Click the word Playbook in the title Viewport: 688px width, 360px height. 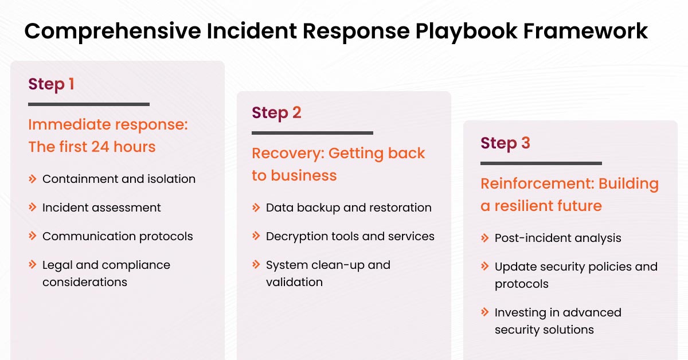[456, 31]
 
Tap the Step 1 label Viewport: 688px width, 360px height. [51, 84]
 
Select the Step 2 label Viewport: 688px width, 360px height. [276, 113]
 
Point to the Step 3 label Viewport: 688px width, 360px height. [505, 143]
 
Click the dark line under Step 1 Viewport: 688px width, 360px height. [89, 104]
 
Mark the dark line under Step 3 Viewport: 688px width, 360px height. [541, 163]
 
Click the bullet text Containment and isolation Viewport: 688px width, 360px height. [119, 179]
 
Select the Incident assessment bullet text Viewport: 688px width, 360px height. [101, 208]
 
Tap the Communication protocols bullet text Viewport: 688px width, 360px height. [118, 236]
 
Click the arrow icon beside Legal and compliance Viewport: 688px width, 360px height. [33, 265]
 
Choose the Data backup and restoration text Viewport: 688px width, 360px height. [349, 208]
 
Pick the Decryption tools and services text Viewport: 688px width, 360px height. [350, 236]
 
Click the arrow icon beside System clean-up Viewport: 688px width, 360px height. [256, 265]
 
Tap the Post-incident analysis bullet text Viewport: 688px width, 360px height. [558, 238]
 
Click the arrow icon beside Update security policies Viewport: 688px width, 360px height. [485, 267]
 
